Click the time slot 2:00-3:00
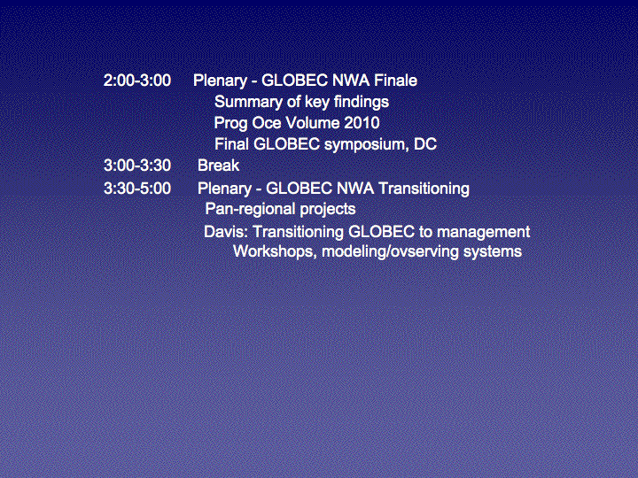click(x=137, y=81)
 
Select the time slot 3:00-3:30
click(x=137, y=166)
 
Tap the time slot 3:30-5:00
click(x=137, y=189)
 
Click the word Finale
click(x=395, y=81)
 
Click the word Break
click(x=219, y=166)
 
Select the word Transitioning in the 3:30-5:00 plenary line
click(x=424, y=189)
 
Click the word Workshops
click(x=275, y=251)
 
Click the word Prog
click(x=230, y=124)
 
